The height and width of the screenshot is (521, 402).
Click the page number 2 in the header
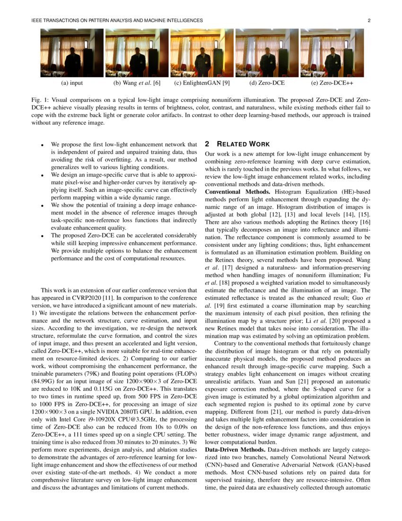pyautogui.click(x=368, y=20)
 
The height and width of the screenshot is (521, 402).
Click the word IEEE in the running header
pyautogui.click(x=37, y=20)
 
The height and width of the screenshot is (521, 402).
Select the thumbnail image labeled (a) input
pyautogui.click(x=71, y=53)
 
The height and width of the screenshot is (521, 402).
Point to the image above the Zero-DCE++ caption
pyautogui.click(x=332, y=53)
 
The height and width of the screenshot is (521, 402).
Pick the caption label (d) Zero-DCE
pyautogui.click(x=267, y=83)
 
